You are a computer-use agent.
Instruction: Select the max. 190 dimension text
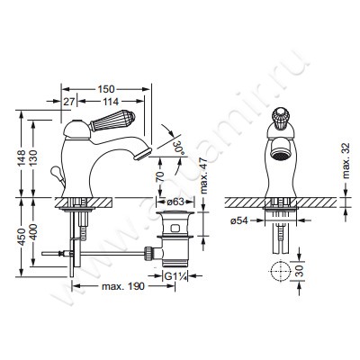pos(122,288)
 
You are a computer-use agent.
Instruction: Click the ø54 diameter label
pos(239,220)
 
